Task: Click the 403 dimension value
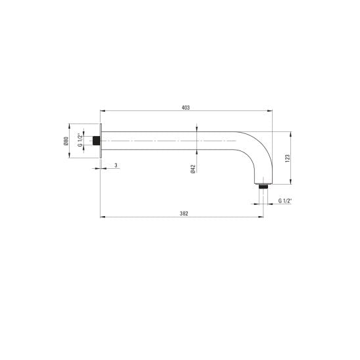185,108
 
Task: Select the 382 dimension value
184,214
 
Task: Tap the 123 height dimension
288,158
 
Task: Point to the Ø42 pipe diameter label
193,169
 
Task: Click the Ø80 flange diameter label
66,141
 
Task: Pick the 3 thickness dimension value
116,165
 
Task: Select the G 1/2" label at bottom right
285,200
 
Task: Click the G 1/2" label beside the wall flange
80,140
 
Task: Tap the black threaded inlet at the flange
96,141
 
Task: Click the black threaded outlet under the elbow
263,186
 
